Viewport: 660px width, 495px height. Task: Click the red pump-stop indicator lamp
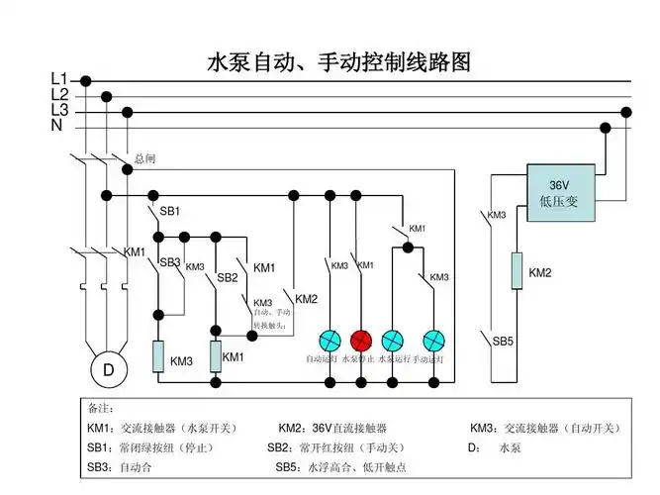tap(360, 341)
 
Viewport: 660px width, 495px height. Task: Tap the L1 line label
tap(59, 79)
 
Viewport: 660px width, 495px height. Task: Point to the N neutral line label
tap(57, 127)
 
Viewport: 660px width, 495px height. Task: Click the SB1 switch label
tap(169, 211)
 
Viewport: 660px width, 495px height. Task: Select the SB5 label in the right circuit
tap(504, 342)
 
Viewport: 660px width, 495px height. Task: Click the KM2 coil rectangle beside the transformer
tap(517, 271)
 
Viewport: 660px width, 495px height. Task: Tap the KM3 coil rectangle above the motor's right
tap(157, 357)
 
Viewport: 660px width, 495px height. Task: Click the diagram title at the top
tap(337, 62)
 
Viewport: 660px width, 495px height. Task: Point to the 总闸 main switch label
tap(144, 158)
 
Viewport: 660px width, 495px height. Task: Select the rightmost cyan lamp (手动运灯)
tap(432, 341)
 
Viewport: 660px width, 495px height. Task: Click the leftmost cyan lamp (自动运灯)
tap(329, 341)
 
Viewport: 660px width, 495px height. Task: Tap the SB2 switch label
tap(228, 278)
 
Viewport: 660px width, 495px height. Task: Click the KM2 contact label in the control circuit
tap(307, 299)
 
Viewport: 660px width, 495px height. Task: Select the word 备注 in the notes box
tap(102, 408)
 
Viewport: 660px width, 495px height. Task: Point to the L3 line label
tap(59, 111)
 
